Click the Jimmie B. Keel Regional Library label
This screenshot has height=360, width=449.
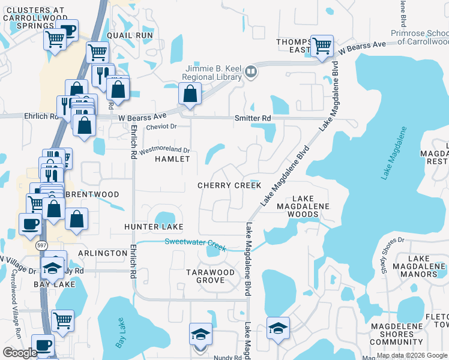click(x=213, y=73)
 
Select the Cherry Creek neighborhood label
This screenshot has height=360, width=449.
click(x=230, y=185)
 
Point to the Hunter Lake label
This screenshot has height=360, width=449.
click(x=153, y=227)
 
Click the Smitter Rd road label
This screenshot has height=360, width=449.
click(x=253, y=118)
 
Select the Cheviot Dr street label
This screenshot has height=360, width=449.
click(x=162, y=127)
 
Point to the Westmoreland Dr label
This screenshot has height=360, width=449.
click(x=164, y=149)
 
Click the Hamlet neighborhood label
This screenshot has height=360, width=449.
click(x=172, y=159)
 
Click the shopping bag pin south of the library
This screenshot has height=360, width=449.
click(x=190, y=94)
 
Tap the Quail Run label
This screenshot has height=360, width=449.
click(x=130, y=35)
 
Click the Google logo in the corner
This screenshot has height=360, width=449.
click(x=20, y=353)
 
